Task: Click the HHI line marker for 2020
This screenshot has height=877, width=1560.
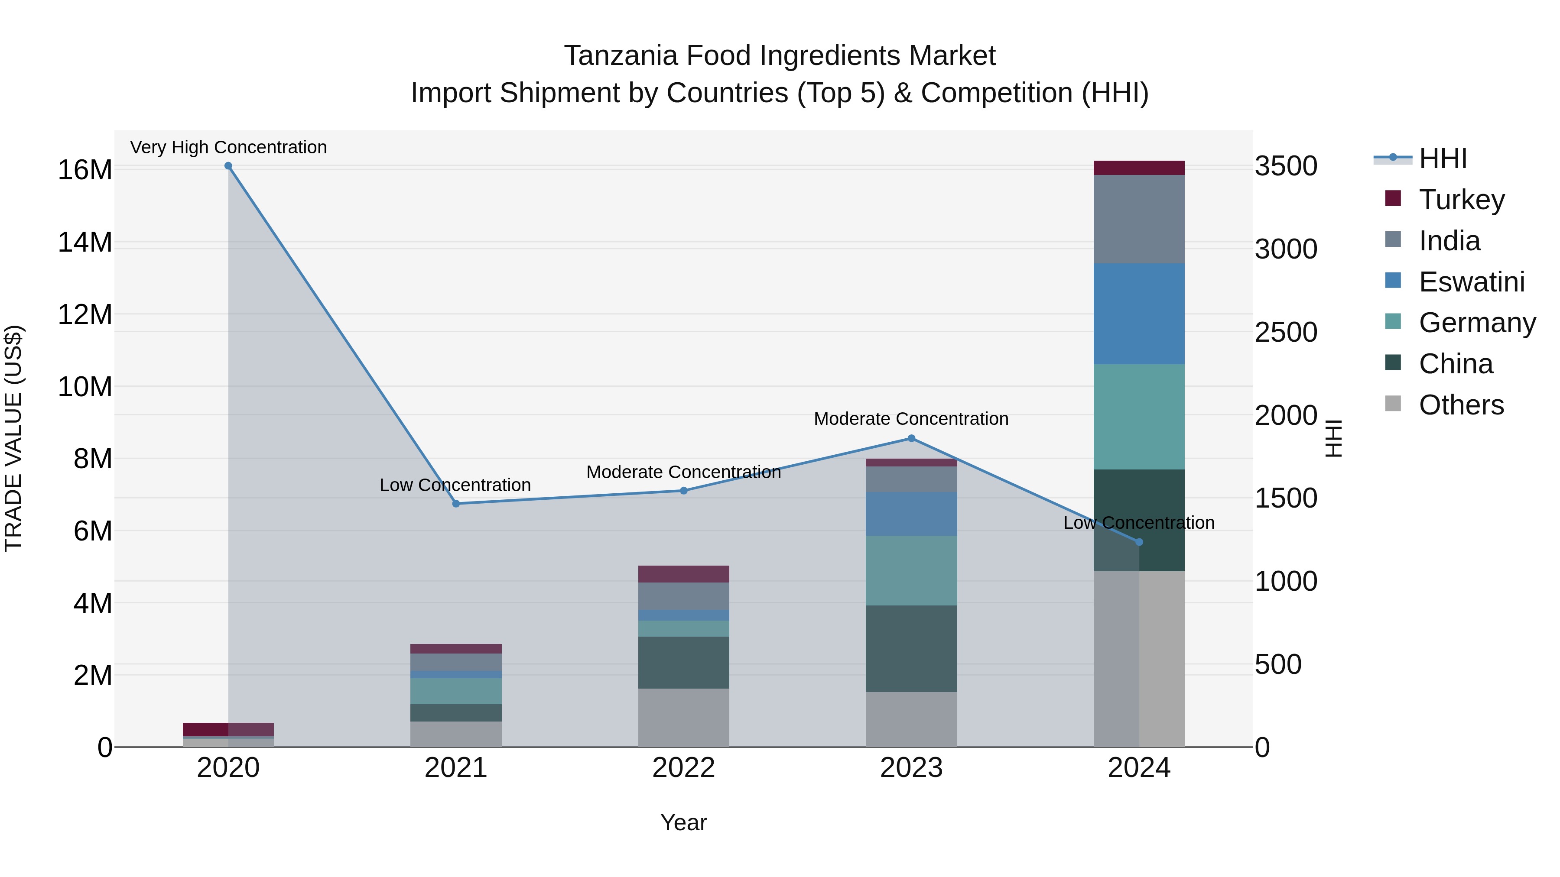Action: pos(228,166)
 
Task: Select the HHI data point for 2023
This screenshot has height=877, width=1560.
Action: pos(911,438)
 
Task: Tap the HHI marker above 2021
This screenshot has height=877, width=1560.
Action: pos(456,504)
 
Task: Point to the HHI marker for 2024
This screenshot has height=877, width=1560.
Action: pos(1139,542)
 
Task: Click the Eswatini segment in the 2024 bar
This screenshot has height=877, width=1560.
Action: pos(1139,314)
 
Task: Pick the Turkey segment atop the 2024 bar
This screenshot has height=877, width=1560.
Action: pos(1139,168)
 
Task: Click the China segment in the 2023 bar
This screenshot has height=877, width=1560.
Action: pos(911,648)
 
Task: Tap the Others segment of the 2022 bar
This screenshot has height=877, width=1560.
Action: pos(684,717)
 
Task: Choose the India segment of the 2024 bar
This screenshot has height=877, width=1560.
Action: pos(1139,219)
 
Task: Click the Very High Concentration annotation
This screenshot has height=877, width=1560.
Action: pos(228,147)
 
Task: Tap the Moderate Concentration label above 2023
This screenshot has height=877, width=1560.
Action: pos(911,419)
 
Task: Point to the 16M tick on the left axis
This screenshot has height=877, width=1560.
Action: pos(85,170)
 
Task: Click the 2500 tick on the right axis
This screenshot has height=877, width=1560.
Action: pos(1286,332)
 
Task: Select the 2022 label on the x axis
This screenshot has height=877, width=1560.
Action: pos(684,768)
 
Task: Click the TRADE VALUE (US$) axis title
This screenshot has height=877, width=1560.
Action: pos(14,438)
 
